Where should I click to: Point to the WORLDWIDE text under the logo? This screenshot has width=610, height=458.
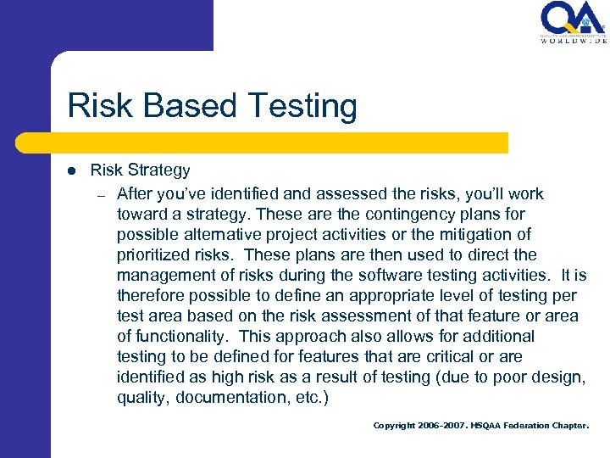574,40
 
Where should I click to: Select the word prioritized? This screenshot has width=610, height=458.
154,254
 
